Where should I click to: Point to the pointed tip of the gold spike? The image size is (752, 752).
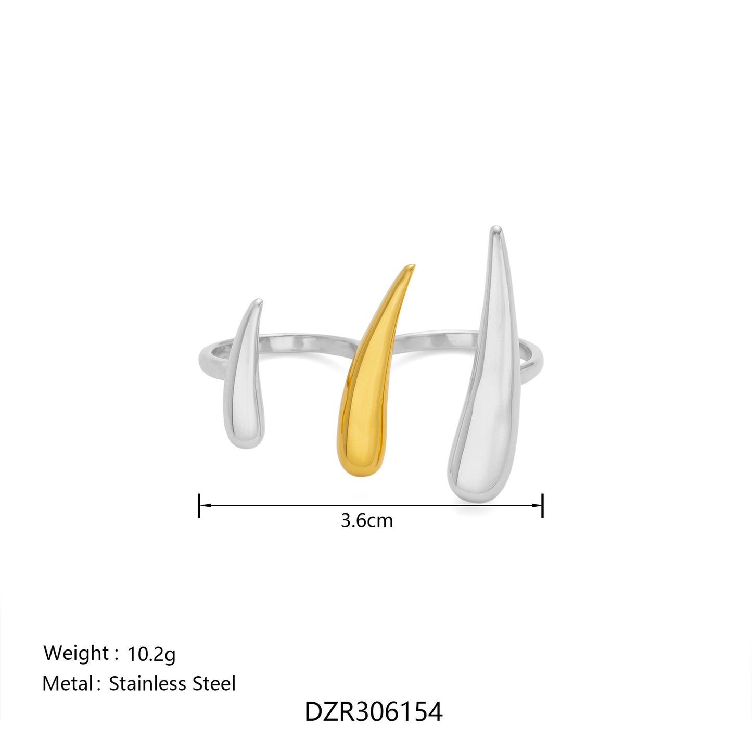(x=413, y=266)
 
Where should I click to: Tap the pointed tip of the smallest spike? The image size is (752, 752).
(x=258, y=300)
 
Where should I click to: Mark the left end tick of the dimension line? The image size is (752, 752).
(x=199, y=505)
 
